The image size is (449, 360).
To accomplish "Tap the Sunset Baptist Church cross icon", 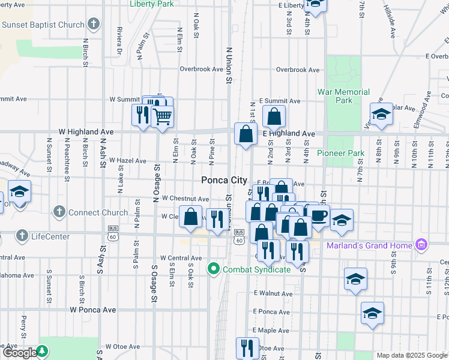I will (93, 25).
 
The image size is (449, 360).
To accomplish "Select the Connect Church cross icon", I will (59, 212).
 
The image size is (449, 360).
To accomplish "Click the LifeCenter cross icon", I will (22, 236).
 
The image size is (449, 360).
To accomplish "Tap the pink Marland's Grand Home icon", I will (421, 245).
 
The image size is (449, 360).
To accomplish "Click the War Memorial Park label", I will (343, 96).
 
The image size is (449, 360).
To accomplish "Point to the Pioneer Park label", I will (341, 153).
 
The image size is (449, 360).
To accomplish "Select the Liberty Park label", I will (152, 4).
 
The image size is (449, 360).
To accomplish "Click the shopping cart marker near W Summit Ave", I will (162, 116).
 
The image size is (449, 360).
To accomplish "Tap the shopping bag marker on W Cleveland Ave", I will (191, 217).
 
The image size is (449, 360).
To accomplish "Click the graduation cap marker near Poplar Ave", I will (381, 114).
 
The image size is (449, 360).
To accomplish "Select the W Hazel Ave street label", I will (127, 161).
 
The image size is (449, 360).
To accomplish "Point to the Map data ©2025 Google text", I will (412, 355).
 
